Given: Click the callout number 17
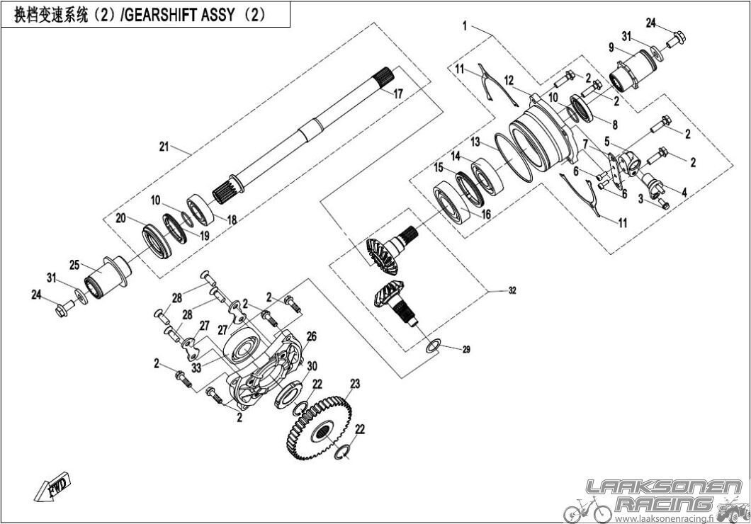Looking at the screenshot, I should pos(397,93).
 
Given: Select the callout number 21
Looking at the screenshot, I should pos(164,147).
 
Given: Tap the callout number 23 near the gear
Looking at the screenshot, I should pos(354,384).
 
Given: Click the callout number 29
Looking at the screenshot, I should pos(465,350).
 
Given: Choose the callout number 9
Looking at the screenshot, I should pos(610,48).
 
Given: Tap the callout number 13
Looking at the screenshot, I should pos(475,141).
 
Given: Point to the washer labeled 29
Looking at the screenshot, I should pos(433,345).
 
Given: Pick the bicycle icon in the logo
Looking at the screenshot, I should pos(587,508).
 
